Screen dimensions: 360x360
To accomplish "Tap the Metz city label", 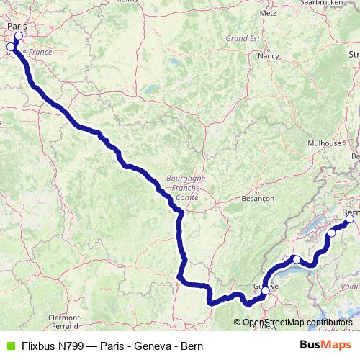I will click(268, 13).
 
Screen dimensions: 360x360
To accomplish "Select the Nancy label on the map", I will click(269, 55).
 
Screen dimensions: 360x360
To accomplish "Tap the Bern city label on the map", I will click(352, 212).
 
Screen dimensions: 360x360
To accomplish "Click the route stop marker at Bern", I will click(350, 220).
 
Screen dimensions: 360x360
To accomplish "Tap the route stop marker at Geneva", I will click(265, 290).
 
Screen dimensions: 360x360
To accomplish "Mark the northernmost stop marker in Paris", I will click(18, 36).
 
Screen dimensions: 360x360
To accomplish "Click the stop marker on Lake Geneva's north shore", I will click(296, 259).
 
